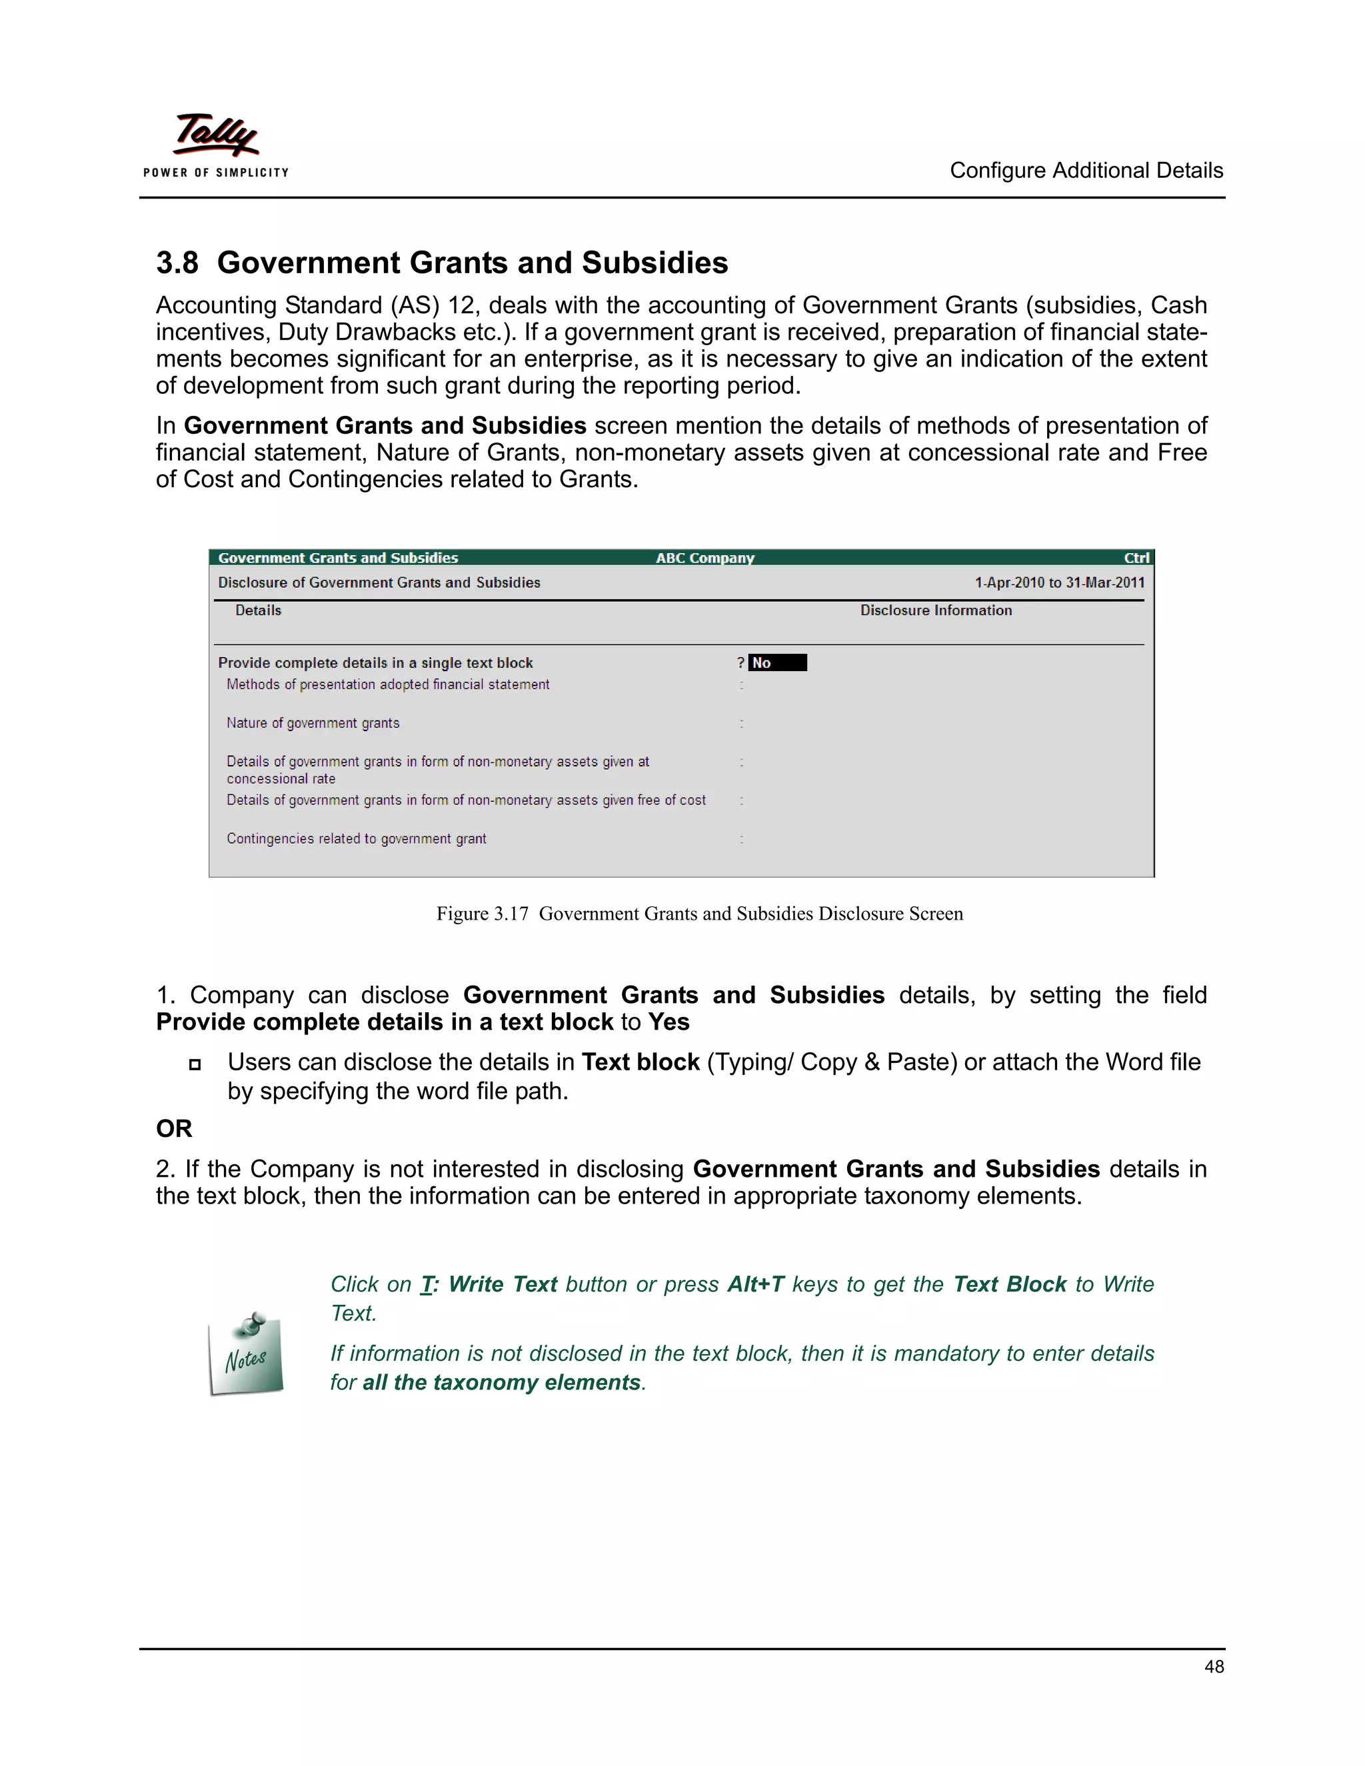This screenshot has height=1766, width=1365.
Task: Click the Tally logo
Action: tap(215, 144)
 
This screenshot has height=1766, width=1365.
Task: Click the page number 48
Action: tap(1213, 1667)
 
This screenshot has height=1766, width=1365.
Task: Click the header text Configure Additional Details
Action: tap(1085, 171)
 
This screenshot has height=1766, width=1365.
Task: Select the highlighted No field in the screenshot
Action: tap(776, 663)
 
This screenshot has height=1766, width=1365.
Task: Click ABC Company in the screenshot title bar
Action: tap(704, 558)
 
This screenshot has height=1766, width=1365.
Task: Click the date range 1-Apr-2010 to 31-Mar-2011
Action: tap(1058, 583)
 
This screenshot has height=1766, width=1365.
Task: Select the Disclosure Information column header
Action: tap(936, 610)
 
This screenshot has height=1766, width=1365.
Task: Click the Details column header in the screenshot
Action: tap(258, 610)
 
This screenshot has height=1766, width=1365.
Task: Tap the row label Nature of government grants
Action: tap(313, 723)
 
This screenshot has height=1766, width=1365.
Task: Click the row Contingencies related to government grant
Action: tap(356, 838)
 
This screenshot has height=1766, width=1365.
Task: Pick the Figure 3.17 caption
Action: tap(698, 914)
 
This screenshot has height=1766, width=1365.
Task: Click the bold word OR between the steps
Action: tap(174, 1129)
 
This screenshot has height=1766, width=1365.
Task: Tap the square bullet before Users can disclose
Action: tap(194, 1064)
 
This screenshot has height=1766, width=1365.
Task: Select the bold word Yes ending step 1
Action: tap(668, 1022)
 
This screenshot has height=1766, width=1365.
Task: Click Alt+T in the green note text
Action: tap(755, 1284)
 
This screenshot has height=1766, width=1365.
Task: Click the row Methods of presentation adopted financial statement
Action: tap(387, 685)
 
